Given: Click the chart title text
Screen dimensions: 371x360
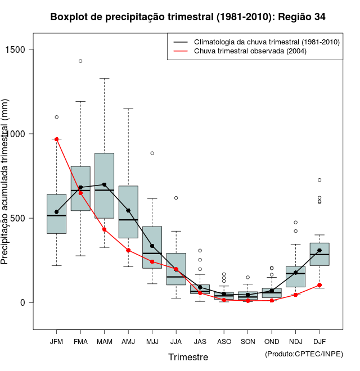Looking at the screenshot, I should pyautogui.click(x=188, y=17).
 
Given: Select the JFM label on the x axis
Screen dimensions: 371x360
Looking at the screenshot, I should pyautogui.click(x=56, y=341).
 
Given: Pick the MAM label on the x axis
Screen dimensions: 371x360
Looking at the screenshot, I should pyautogui.click(x=105, y=341).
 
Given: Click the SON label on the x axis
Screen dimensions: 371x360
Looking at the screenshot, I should pyautogui.click(x=248, y=341).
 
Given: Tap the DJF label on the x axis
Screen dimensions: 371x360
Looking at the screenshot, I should pyautogui.click(x=319, y=341).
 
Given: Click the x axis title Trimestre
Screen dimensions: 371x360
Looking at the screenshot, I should pyautogui.click(x=188, y=357).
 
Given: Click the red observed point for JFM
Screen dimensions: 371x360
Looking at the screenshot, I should pyautogui.click(x=57, y=139).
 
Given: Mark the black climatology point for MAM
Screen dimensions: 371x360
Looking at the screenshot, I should pyautogui.click(x=105, y=184).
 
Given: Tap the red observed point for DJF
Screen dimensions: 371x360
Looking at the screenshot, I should pyautogui.click(x=319, y=285).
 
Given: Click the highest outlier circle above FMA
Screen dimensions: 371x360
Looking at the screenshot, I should pyautogui.click(x=80, y=61).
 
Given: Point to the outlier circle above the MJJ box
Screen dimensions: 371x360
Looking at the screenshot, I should pyautogui.click(x=152, y=153).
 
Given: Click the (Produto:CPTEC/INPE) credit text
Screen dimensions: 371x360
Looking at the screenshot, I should pyautogui.click(x=304, y=354).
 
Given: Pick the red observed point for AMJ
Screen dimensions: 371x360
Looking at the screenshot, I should pyautogui.click(x=128, y=250).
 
